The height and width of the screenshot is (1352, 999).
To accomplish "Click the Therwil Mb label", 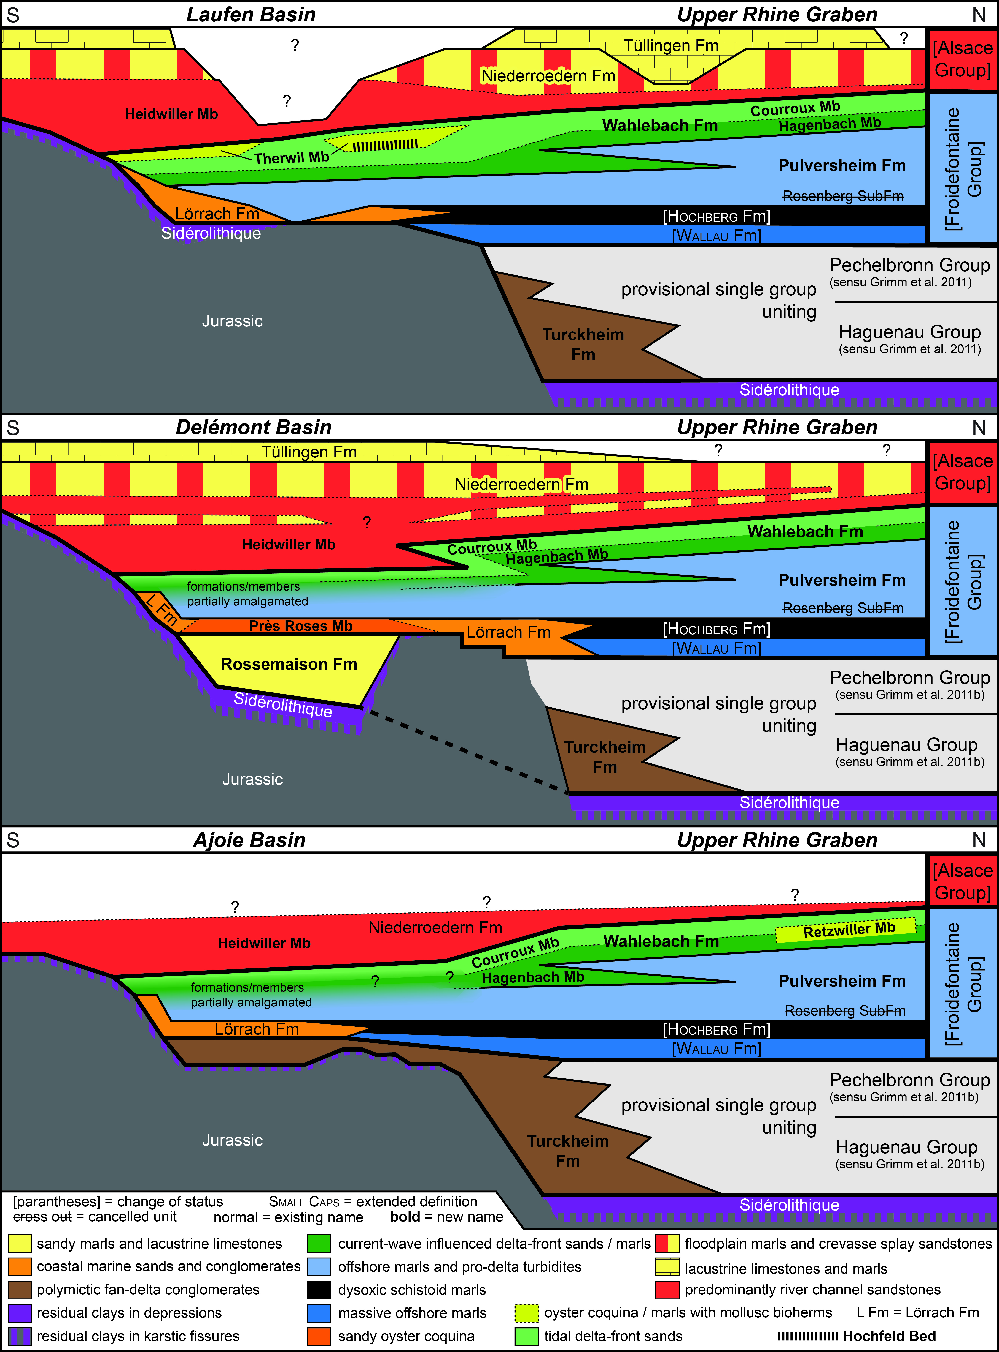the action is click(292, 158).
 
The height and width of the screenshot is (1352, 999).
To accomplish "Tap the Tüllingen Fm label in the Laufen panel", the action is click(671, 45).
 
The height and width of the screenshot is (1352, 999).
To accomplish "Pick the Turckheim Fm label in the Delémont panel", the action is click(605, 756).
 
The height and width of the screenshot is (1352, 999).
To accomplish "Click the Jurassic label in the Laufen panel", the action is click(232, 321).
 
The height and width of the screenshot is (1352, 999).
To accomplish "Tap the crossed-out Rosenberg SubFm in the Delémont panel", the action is click(843, 608).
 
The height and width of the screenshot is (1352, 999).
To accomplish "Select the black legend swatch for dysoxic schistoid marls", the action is click(319, 1290).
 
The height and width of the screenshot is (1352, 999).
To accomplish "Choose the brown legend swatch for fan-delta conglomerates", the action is click(19, 1290).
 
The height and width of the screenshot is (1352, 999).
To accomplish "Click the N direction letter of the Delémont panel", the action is click(979, 428).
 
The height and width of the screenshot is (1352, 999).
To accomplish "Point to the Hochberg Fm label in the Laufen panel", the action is click(717, 216).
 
